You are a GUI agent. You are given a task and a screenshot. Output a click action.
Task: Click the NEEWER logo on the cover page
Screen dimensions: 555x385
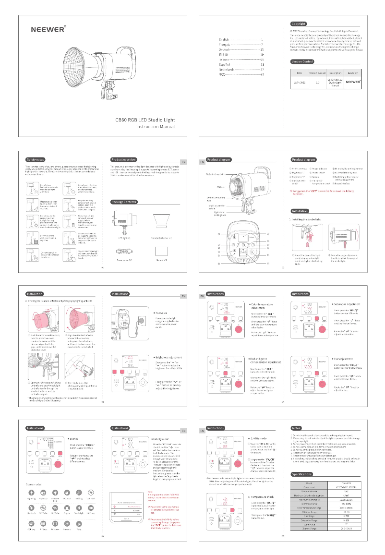(48, 29)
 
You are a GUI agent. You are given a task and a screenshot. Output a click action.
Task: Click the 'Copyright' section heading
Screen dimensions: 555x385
(299, 24)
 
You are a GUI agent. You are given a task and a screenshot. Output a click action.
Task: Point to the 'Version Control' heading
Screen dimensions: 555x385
(302, 61)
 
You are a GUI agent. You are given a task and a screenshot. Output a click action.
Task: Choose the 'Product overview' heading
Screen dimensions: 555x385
(124, 159)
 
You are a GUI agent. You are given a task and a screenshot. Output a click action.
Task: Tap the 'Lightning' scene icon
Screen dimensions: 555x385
(32, 493)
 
